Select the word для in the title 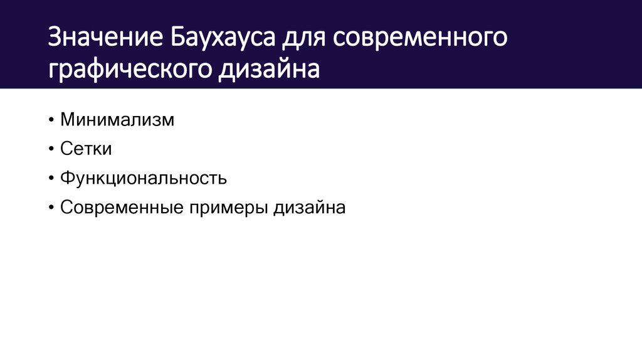[x=304, y=39]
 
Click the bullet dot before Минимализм [x=51, y=120]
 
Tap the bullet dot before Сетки [x=51, y=149]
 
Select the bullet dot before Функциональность [x=51, y=179]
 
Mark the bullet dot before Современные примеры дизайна [x=51, y=208]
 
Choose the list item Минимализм [x=117, y=120]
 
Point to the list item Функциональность [x=144, y=179]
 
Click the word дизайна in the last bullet [x=308, y=208]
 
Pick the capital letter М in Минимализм [x=68, y=120]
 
